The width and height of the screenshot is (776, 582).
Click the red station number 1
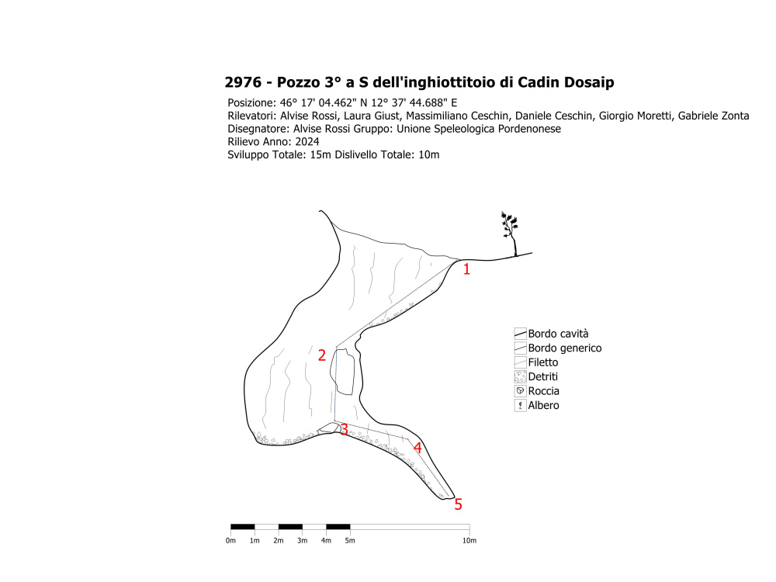click(466, 270)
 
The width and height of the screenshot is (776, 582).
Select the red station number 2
click(322, 355)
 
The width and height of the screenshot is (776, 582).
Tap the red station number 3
click(344, 430)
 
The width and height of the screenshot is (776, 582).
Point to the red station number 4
click(417, 448)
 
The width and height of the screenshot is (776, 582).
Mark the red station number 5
click(458, 504)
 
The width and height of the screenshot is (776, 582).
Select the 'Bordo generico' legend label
click(564, 348)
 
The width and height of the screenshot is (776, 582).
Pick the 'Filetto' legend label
click(542, 362)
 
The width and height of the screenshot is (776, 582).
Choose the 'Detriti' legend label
click(543, 376)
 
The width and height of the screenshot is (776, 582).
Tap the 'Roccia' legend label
click(543, 391)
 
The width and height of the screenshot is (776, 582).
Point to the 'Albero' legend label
click(543, 405)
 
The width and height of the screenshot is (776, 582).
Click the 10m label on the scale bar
click(469, 540)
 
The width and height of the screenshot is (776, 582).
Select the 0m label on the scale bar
click(231, 540)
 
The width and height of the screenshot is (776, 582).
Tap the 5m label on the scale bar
click(350, 540)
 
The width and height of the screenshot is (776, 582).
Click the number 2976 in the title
click(241, 83)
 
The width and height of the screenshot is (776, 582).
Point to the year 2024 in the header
click(307, 142)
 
